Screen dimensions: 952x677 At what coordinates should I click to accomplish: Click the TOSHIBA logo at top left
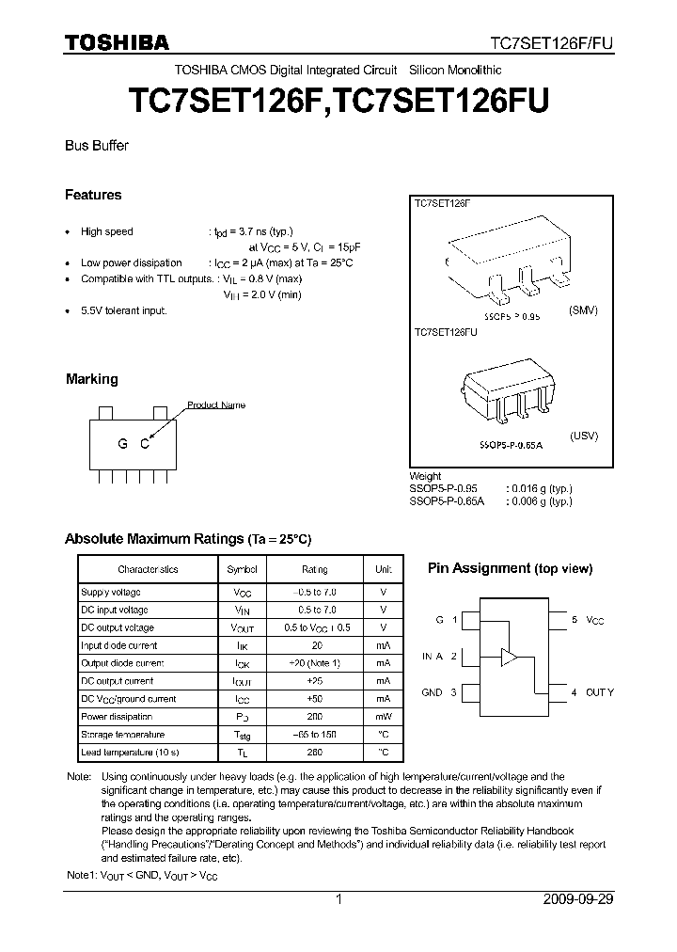coord(117,42)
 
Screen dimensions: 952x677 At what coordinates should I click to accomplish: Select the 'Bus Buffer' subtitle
coord(96,146)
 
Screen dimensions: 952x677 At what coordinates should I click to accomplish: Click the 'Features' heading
coord(93,195)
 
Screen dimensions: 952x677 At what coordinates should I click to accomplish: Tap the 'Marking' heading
coord(91,379)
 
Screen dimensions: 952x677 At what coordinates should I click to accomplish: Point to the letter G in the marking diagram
coord(122,445)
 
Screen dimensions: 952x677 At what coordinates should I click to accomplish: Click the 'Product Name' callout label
coord(216,405)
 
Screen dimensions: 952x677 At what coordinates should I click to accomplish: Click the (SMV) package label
coord(583,309)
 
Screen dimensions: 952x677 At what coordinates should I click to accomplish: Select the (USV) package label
coord(583,436)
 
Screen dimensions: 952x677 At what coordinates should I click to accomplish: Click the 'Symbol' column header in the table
coord(242,569)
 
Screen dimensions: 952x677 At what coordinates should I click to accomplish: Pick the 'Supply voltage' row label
coord(111,592)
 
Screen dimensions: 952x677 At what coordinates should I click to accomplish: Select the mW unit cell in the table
coord(384,717)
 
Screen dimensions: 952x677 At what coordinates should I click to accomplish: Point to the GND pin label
coord(432,692)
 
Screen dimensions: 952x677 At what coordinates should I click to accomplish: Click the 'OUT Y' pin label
coord(599,692)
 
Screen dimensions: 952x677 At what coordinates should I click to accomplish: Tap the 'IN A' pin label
coord(433,657)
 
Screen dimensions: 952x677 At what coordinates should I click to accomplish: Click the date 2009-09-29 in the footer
coord(578,899)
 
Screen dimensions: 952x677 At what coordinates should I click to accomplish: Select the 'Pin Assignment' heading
coord(480,568)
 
